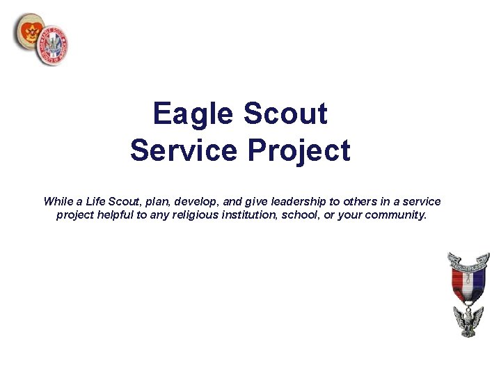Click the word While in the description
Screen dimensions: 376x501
click(58, 201)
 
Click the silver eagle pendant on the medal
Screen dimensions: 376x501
click(468, 321)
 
